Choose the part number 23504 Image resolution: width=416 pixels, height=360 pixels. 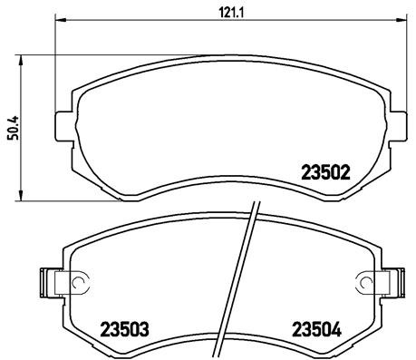(x=314, y=329)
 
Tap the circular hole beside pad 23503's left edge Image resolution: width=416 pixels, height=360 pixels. (x=77, y=282)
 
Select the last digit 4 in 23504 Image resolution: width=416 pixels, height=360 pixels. (x=335, y=329)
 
